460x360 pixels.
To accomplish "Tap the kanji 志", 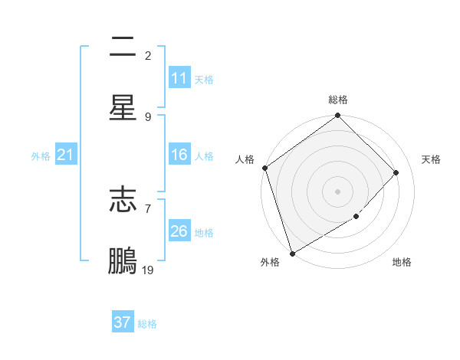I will point(123,200).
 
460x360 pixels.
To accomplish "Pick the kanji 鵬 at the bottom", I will point(123,261).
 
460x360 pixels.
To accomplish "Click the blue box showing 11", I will point(179,78).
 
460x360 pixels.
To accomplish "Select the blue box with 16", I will point(179,155).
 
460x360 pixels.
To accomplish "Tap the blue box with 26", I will point(179,231).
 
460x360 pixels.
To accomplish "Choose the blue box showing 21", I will point(65,155).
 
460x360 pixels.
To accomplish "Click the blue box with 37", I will point(123,322).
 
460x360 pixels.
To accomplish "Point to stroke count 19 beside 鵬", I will point(148,270).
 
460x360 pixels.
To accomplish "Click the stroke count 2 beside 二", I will point(148,55).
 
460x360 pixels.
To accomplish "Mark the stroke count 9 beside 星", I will point(148,116).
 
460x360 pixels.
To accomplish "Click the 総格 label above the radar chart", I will point(338,100).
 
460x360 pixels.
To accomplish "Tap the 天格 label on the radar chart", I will point(431,159).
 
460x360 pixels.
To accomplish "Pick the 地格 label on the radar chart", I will point(402,263).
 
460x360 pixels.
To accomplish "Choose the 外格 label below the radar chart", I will point(270,263).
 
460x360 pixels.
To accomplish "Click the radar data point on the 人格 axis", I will point(264,168).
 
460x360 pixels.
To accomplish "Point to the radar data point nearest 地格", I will point(356,217).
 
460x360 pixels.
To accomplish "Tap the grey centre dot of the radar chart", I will point(338,191).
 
